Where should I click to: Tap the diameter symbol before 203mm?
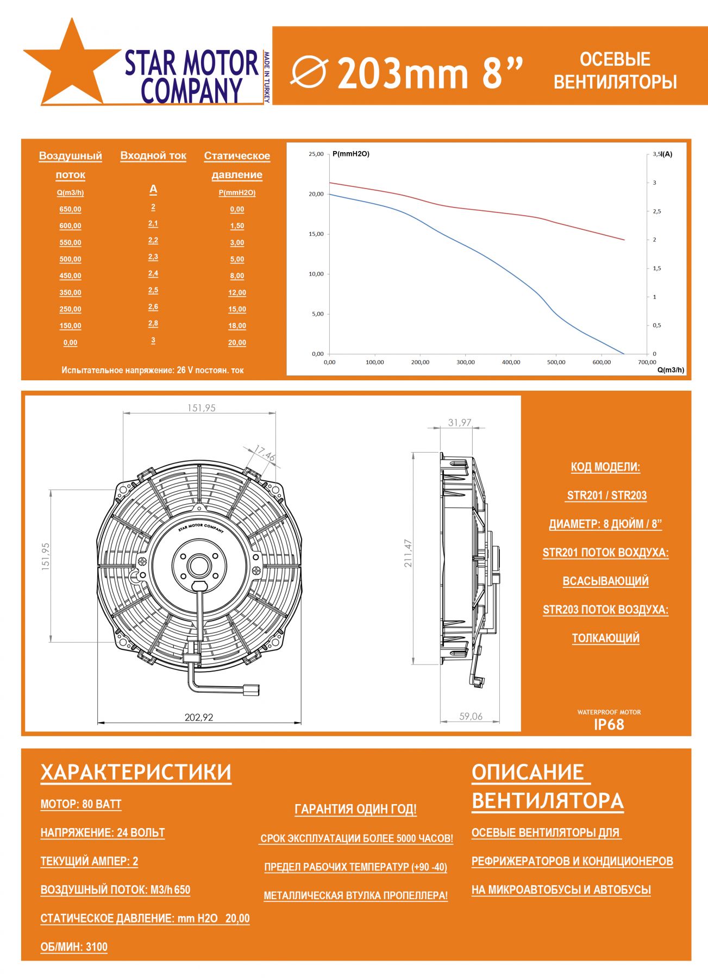coord(309,72)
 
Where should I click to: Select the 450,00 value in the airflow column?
coord(70,276)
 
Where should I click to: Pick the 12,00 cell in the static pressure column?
coord(237,293)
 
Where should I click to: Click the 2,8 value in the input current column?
coord(153,323)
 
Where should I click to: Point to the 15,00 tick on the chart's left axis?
coord(316,234)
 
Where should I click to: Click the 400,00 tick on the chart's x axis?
coord(511,362)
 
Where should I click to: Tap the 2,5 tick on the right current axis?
coord(657,211)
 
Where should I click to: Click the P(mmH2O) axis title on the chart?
coord(351,154)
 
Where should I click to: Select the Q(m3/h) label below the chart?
coord(671,370)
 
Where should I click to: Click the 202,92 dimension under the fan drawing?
coord(199,717)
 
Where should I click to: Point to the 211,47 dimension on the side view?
coord(408,553)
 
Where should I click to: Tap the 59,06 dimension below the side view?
coord(471,717)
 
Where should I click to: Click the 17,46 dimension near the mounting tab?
coord(265,453)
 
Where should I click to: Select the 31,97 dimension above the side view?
coord(460,422)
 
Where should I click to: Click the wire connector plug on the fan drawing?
coord(251,689)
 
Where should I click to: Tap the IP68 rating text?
coord(609,725)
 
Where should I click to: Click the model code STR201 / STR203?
coord(606,496)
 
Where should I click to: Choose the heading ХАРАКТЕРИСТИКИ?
coord(136,773)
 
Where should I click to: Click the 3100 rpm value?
coord(96,947)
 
